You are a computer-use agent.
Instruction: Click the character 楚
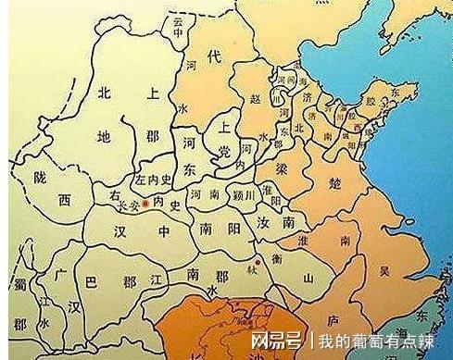point(333,182)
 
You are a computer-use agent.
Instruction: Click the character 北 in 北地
point(105,91)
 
